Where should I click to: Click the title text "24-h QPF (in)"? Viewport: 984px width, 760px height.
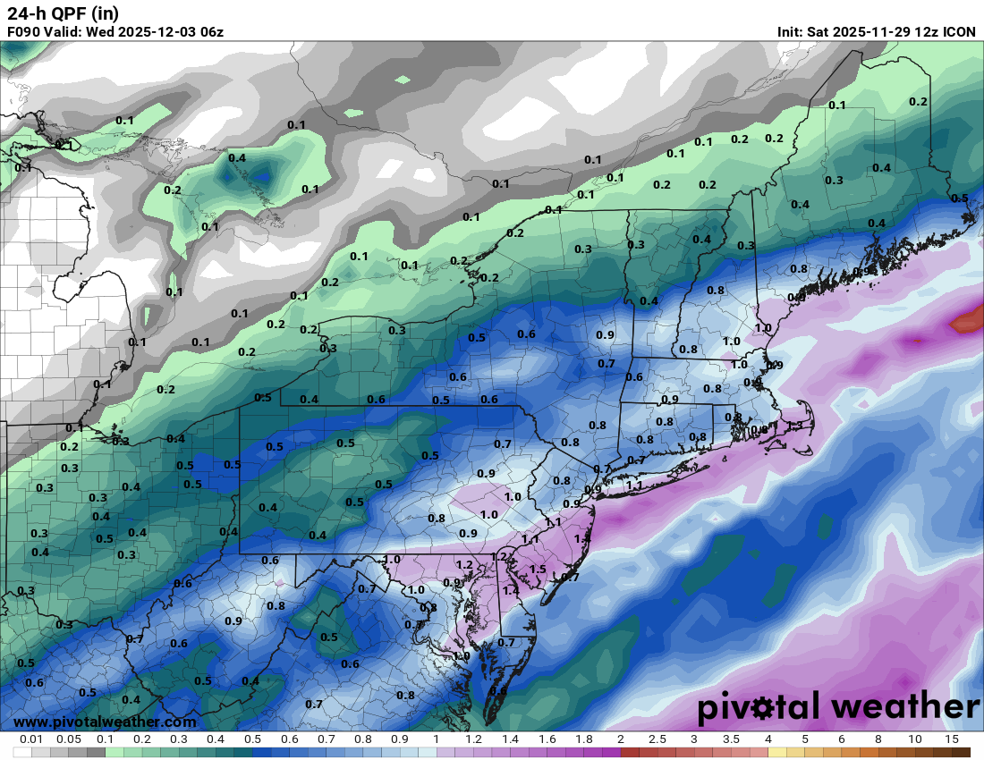pos(62,13)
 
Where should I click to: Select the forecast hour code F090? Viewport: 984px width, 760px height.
pos(24,32)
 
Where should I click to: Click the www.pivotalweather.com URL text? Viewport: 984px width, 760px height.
pos(105,722)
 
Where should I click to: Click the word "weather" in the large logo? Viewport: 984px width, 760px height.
pos(905,706)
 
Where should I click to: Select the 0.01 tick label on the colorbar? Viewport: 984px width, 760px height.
pos(31,739)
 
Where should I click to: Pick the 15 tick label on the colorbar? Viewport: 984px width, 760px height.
pos(952,739)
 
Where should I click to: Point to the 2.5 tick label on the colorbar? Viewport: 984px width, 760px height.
pos(657,739)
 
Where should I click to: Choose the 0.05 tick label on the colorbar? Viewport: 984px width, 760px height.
pos(69,739)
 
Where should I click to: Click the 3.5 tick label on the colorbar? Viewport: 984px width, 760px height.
pos(731,739)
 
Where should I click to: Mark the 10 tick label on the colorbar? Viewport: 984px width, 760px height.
pos(915,739)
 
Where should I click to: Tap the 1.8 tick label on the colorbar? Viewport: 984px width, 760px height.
pos(583,739)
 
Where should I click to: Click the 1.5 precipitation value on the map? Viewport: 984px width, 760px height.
pos(538,570)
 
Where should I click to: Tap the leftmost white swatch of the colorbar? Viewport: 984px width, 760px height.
pos(21,752)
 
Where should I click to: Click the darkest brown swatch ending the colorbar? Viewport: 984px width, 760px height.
pos(961,752)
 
